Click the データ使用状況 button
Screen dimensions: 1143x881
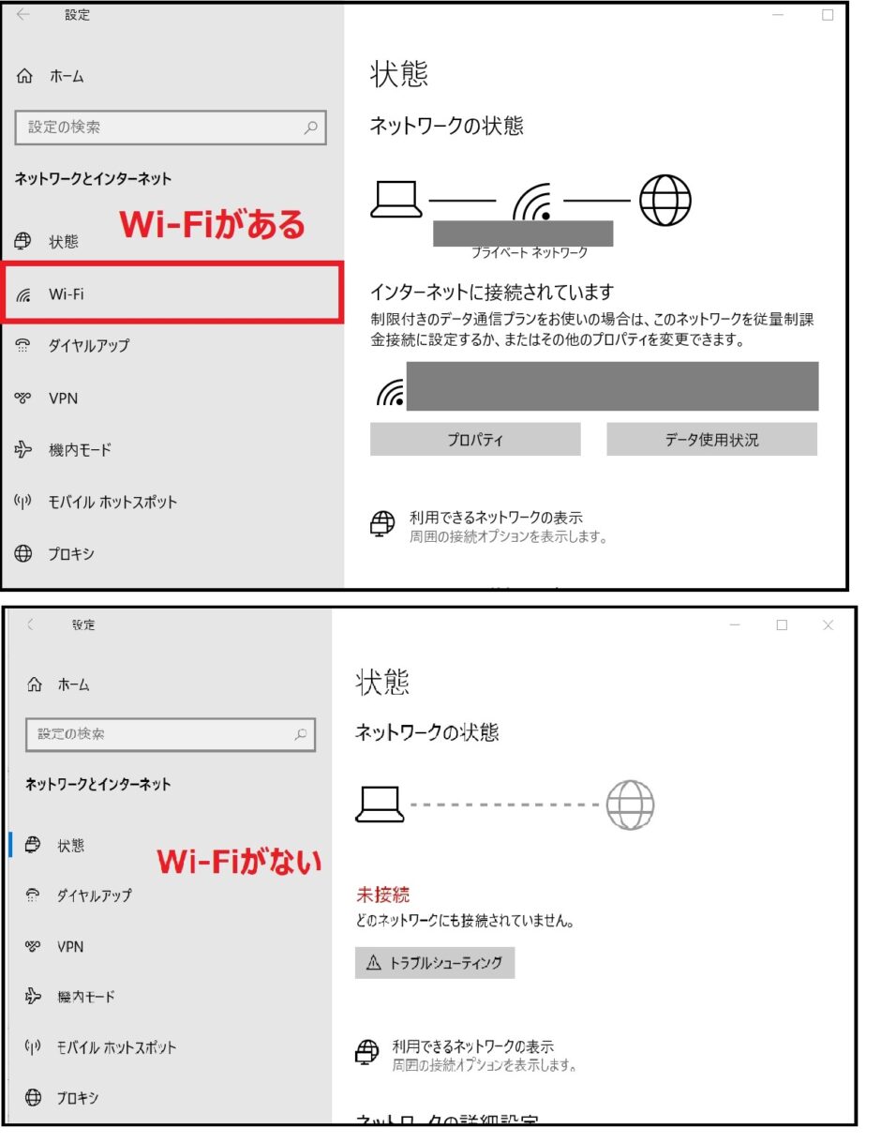coord(711,439)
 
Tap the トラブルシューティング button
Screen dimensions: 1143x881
coord(435,963)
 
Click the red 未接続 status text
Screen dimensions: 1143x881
coord(382,895)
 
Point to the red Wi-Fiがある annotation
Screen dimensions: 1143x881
coord(212,225)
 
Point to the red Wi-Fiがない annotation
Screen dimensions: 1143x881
coord(239,861)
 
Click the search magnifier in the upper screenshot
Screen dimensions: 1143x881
coord(310,128)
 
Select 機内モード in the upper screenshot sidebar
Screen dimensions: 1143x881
coord(80,450)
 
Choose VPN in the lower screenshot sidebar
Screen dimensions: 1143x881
coord(69,947)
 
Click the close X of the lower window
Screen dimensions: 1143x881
coord(828,625)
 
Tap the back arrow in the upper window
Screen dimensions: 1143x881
coord(23,15)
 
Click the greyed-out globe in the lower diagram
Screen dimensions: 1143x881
coord(630,804)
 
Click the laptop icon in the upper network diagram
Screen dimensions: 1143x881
coord(396,198)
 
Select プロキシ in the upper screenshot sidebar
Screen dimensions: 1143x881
coord(71,554)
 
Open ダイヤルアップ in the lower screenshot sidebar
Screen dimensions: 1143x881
coord(94,895)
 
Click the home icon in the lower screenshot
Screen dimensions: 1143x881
coord(34,685)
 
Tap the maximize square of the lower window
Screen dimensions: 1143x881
coord(782,625)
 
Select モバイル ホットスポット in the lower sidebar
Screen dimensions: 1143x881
coord(116,1047)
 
